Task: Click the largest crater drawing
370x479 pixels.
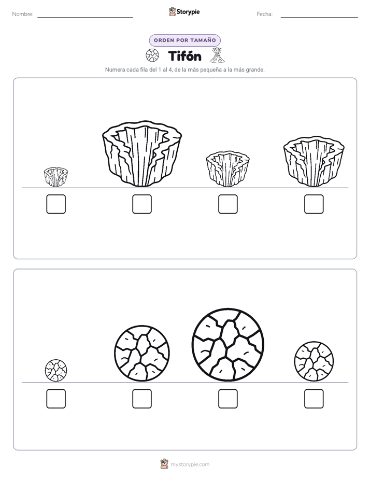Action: point(142,153)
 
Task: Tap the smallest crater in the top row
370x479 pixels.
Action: point(56,177)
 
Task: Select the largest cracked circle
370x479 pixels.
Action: point(228,345)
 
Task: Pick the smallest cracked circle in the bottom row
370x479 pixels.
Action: point(56,370)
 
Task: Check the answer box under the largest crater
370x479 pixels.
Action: point(142,204)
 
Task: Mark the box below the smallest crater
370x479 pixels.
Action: point(56,204)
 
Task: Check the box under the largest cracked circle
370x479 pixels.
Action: point(228,399)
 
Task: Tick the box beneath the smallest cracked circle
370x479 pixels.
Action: point(56,399)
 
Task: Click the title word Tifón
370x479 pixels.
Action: point(184,56)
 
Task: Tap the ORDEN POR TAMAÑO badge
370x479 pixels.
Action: point(184,40)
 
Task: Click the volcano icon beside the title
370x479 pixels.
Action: point(217,55)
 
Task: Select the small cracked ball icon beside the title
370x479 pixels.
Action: point(152,55)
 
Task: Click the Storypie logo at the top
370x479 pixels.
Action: point(184,12)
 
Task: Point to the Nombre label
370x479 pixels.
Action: point(23,14)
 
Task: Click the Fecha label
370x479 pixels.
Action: point(264,14)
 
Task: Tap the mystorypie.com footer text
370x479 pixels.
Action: point(190,464)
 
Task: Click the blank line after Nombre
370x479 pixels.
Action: point(85,17)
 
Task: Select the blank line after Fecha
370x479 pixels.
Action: point(319,17)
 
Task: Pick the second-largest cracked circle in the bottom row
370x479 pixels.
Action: point(142,353)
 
